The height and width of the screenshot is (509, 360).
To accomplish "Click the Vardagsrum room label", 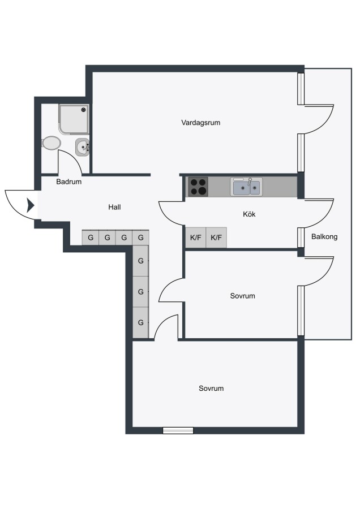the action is (200, 123).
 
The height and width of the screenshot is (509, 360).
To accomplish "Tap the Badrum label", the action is (68, 182).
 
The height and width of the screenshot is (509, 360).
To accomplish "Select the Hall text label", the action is (114, 207).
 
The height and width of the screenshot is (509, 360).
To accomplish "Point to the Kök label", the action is (249, 214).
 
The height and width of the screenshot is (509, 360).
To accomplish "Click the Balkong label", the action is (324, 236).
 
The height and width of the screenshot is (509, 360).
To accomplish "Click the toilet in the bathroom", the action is (51, 143).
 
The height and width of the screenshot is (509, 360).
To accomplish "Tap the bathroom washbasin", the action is (82, 147).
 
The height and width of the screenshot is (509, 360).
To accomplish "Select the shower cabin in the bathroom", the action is (74, 119).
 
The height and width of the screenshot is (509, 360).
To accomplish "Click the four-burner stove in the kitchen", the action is (198, 187).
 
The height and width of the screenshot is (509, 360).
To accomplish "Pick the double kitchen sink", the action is (247, 187).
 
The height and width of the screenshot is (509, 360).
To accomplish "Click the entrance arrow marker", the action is (31, 205).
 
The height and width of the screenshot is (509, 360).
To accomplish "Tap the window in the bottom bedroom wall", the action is (178, 430).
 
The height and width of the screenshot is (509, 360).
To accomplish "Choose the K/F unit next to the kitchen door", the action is (196, 238).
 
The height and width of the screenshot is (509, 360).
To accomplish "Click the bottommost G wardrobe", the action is (141, 322).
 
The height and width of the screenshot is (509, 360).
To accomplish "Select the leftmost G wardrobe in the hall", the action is (91, 238).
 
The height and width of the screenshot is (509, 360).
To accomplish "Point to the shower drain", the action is (84, 109).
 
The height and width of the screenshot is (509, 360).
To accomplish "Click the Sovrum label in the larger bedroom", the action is (211, 389).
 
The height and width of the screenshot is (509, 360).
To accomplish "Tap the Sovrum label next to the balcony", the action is (242, 296).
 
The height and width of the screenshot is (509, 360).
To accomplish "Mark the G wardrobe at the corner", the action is (141, 238).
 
